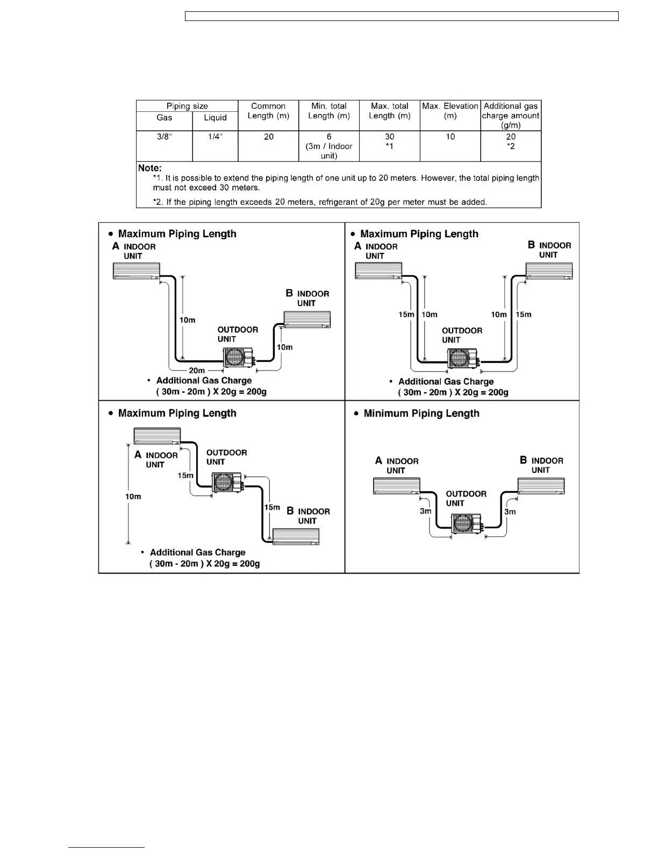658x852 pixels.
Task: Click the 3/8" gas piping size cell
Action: click(164, 137)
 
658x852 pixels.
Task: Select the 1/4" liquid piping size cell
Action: click(215, 137)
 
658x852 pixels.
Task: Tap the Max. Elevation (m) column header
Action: click(450, 111)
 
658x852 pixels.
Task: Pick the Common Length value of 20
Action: click(268, 137)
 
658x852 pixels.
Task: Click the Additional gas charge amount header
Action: click(511, 115)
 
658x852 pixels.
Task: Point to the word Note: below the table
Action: click(149, 168)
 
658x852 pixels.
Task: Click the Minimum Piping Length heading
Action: click(421, 414)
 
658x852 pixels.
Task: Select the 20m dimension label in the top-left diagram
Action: click(197, 371)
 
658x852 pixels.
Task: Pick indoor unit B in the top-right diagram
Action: click(548, 271)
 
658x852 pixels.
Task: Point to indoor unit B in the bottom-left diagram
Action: click(296, 537)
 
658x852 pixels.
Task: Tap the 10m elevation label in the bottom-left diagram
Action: click(133, 496)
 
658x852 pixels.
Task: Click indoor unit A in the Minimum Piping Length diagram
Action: click(396, 486)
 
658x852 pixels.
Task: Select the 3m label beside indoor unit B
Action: click(510, 512)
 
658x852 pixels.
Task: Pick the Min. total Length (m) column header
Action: click(329, 111)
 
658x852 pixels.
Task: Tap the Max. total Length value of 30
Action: click(389, 137)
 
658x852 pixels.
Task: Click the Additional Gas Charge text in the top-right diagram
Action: click(446, 382)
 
